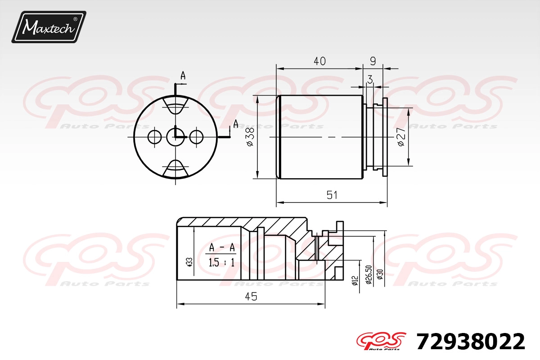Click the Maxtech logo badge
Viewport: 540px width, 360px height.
click(x=49, y=27)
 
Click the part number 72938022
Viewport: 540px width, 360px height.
click(x=471, y=342)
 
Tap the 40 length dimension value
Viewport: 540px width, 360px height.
click(x=319, y=61)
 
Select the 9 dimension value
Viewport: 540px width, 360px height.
click(x=373, y=61)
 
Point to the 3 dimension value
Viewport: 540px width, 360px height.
click(x=370, y=79)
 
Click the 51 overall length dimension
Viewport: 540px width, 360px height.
click(x=332, y=195)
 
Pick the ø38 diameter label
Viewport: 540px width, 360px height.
click(x=251, y=137)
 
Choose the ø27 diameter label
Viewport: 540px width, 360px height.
click(x=401, y=137)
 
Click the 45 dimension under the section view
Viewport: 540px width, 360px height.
click(x=251, y=297)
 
